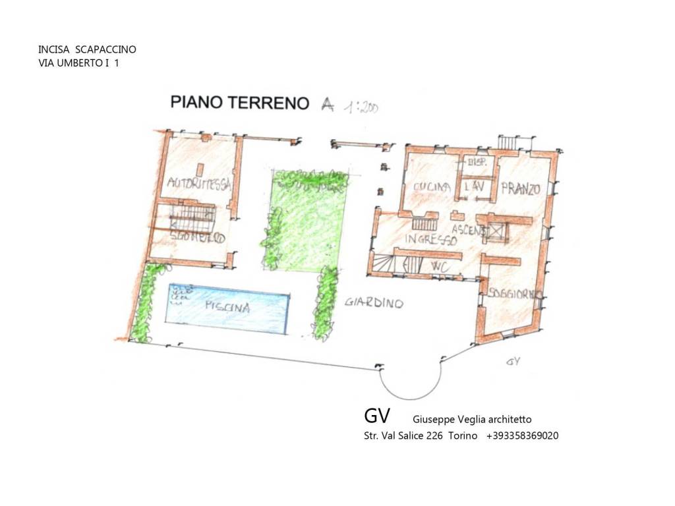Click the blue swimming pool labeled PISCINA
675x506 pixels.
click(x=227, y=307)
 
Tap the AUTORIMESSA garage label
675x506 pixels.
click(x=198, y=184)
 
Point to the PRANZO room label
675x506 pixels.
click(x=520, y=189)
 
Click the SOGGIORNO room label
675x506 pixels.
click(x=515, y=295)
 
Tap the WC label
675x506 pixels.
click(x=440, y=266)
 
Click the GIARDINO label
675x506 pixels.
click(x=373, y=303)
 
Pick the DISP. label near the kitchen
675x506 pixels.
click(x=475, y=163)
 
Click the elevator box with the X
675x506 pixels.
click(x=496, y=231)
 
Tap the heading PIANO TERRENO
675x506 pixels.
click(x=240, y=102)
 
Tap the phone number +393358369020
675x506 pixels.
click(x=523, y=436)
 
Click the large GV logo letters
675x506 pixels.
click(x=377, y=416)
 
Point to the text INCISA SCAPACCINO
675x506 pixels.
click(x=88, y=49)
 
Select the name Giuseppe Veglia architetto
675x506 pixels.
click(x=472, y=419)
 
